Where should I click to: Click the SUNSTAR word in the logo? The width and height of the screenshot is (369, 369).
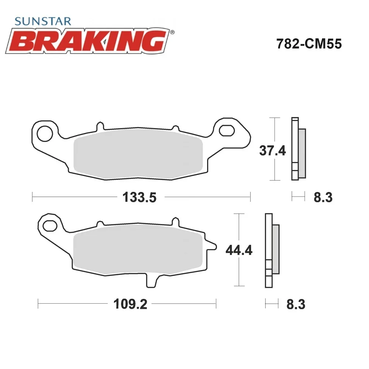coord(42,21)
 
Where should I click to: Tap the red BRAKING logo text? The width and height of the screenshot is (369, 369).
coord(87,41)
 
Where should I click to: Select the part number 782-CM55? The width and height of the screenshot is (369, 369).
coord(309,44)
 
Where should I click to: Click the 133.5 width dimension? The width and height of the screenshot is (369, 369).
coord(139,197)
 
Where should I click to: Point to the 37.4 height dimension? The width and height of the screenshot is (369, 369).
coord(272,151)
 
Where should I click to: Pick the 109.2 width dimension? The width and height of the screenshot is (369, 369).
coord(130,304)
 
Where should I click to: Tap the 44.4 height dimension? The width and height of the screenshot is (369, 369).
coord(239,250)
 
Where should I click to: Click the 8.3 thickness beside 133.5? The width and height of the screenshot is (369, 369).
coord(323,197)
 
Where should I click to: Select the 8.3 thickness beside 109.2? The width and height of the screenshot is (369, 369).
coord(296,304)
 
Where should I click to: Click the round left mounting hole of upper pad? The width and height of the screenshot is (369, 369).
coord(45,134)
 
